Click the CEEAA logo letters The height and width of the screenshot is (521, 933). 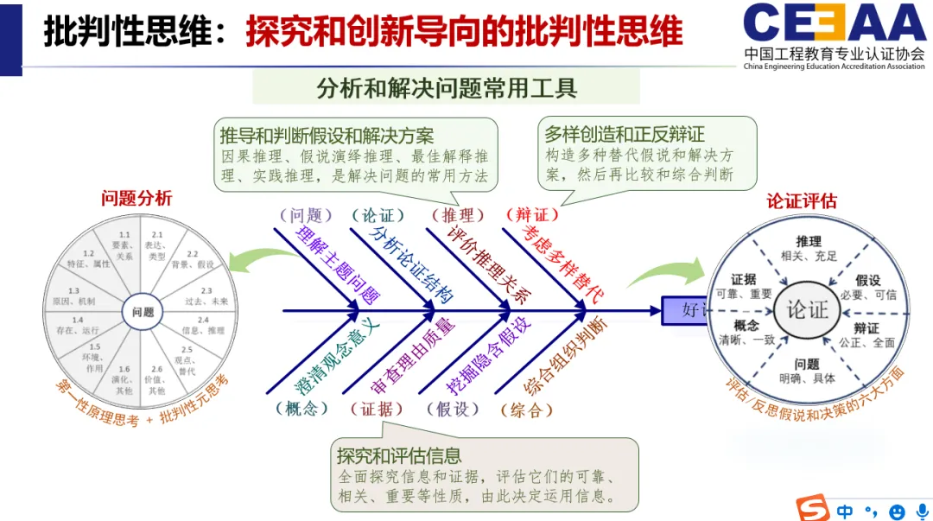[834, 24]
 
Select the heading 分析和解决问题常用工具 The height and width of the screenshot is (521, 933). [446, 88]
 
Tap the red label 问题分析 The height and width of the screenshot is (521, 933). [136, 198]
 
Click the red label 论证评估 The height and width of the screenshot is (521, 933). [802, 201]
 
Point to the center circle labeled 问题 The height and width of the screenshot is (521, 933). [143, 312]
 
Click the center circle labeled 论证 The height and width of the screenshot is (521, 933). [807, 309]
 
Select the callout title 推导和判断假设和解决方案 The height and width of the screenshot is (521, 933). [327, 136]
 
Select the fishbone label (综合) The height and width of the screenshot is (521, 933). [526, 410]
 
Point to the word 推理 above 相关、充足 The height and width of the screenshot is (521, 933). [809, 242]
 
